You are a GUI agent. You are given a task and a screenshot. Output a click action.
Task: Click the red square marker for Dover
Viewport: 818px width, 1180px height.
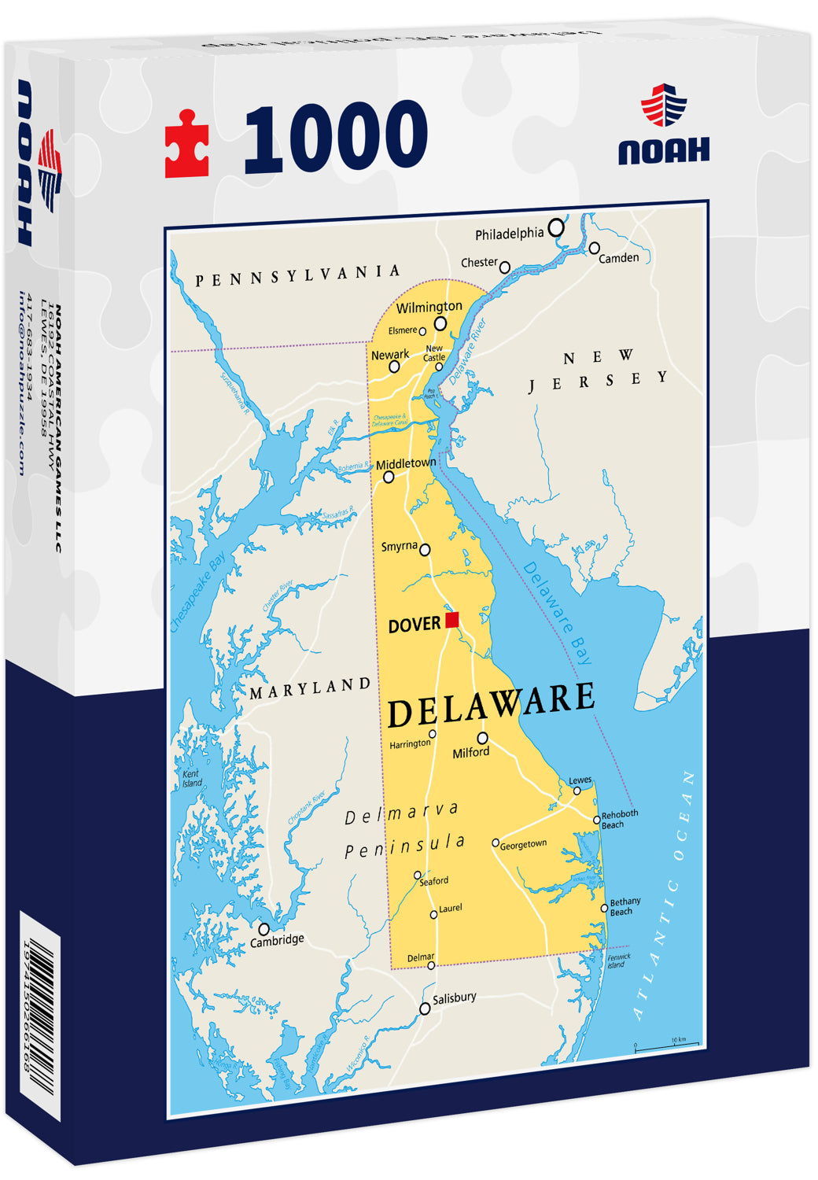pos(451,620)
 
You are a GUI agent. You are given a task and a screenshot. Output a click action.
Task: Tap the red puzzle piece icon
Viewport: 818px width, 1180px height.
pos(187,144)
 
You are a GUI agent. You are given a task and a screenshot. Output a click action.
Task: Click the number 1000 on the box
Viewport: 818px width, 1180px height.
pos(336,138)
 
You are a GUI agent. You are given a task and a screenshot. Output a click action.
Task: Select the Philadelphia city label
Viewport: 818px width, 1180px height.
pos(509,234)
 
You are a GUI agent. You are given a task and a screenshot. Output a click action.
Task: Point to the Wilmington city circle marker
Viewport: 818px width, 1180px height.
pos(440,323)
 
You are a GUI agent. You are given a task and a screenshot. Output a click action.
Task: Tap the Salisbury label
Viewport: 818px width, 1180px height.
pos(454,997)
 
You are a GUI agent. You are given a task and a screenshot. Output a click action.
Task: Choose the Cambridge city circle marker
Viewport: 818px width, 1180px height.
pos(263,929)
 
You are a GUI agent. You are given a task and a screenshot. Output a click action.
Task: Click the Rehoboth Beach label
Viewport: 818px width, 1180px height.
pos(619,819)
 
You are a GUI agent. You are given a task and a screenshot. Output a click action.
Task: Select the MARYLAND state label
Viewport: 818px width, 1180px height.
pos(310,688)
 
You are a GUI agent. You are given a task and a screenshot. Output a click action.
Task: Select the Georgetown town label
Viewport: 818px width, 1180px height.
pos(523,844)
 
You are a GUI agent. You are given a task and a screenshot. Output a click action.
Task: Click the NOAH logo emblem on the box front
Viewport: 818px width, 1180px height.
pos(663,105)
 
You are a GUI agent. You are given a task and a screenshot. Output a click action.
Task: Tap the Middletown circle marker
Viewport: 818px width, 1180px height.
pos(389,477)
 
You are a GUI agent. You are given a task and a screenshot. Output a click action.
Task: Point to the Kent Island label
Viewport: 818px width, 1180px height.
pos(191,779)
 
